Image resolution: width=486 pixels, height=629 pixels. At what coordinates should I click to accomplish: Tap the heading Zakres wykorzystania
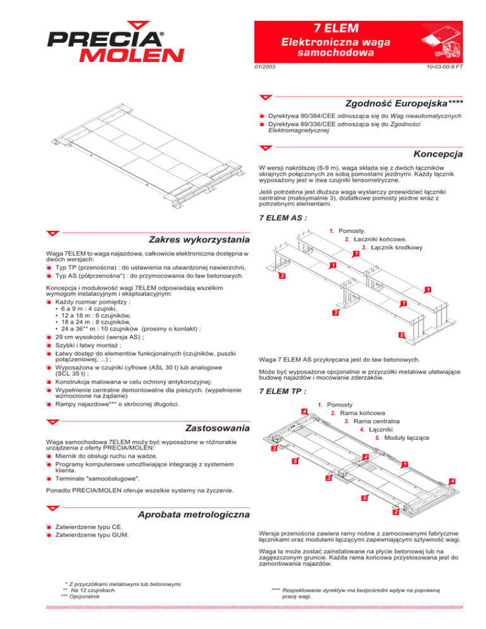(x=198, y=240)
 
